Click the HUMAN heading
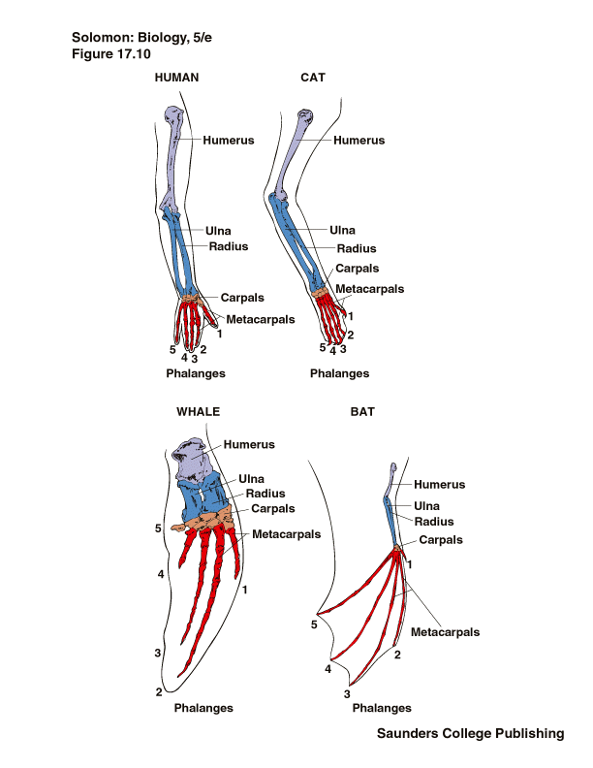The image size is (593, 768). pos(176,79)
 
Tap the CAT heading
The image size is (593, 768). pos(313,79)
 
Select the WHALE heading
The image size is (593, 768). pos(198,411)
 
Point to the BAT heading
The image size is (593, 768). pos(361,411)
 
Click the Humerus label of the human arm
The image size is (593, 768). pos(229,141)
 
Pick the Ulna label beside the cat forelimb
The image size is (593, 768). pos(342,230)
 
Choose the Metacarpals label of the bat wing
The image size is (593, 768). pos(446,632)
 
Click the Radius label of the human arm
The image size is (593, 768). pos(229,246)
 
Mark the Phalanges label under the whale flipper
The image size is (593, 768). pos(203,708)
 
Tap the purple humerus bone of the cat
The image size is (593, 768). pos(293,155)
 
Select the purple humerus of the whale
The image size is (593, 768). pos(197,461)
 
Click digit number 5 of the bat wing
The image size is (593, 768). pos(315,624)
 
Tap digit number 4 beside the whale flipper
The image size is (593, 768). pos(160,574)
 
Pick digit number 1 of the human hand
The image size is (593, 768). pos(220,334)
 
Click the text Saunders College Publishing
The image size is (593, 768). pos(470,734)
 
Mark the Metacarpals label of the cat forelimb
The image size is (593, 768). pos(369,288)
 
